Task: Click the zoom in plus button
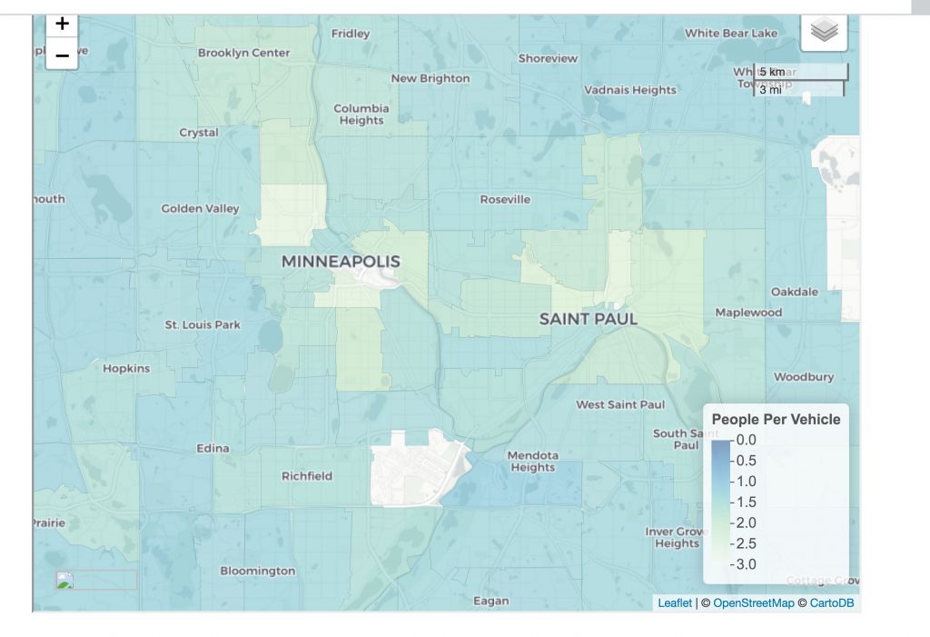[x=62, y=25]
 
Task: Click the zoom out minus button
[x=62, y=55]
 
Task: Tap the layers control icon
[x=824, y=32]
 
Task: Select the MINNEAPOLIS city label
[x=341, y=262]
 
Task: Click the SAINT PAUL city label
[x=589, y=319]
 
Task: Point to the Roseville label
[x=505, y=199]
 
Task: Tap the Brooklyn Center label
[x=244, y=53]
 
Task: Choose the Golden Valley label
[x=201, y=208]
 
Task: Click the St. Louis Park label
[x=203, y=324]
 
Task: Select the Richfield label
[x=307, y=475]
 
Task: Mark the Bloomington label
[x=258, y=571]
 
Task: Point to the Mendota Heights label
[x=532, y=461]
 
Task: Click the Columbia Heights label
[x=361, y=114]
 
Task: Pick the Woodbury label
[x=804, y=376]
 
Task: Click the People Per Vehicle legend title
[x=776, y=419]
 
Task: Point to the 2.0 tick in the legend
[x=745, y=523]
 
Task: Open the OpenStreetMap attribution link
[x=753, y=602]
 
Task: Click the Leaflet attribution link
[x=675, y=602]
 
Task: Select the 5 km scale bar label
[x=772, y=72]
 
